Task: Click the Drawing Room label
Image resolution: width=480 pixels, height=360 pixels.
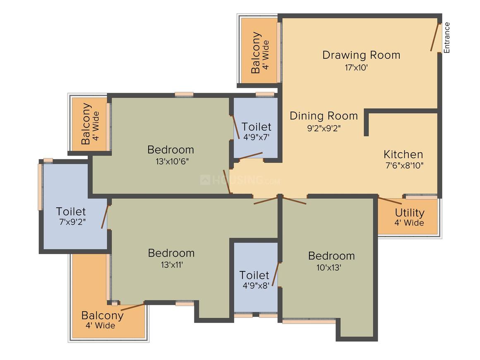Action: click(361, 55)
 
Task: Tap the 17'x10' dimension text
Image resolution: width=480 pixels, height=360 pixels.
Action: click(356, 67)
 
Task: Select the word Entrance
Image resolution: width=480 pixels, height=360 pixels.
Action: click(446, 37)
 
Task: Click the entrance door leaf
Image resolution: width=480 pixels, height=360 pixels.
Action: click(435, 37)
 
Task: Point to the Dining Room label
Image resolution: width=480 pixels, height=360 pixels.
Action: click(324, 116)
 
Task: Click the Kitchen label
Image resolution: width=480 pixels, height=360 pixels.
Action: click(403, 154)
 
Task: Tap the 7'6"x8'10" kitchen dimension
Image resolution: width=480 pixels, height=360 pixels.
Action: click(404, 165)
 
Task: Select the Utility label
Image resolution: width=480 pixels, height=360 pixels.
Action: click(410, 212)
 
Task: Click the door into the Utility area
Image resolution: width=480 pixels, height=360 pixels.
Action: click(390, 201)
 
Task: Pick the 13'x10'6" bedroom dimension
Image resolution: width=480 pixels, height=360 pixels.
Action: click(172, 161)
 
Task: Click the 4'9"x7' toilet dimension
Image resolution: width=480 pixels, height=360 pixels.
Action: click(256, 137)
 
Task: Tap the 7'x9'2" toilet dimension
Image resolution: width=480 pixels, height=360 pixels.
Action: click(72, 222)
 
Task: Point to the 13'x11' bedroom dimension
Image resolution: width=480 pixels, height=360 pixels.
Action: click(172, 264)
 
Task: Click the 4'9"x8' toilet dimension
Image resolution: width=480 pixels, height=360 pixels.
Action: click(256, 286)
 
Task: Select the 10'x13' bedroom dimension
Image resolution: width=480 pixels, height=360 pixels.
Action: click(329, 268)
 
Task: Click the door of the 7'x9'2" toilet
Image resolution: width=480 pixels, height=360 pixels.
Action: click(105, 216)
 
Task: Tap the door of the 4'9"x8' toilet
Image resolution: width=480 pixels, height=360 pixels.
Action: click(276, 274)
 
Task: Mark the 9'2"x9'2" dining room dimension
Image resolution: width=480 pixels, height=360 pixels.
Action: click(324, 128)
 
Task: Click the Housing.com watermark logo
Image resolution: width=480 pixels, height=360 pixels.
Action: click(240, 180)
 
